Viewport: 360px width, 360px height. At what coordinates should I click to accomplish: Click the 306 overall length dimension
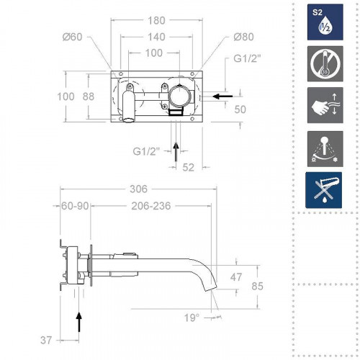tap(139, 189)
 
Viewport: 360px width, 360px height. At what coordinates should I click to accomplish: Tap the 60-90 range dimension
tap(75, 205)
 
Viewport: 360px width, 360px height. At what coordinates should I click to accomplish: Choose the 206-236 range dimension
tap(152, 205)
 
